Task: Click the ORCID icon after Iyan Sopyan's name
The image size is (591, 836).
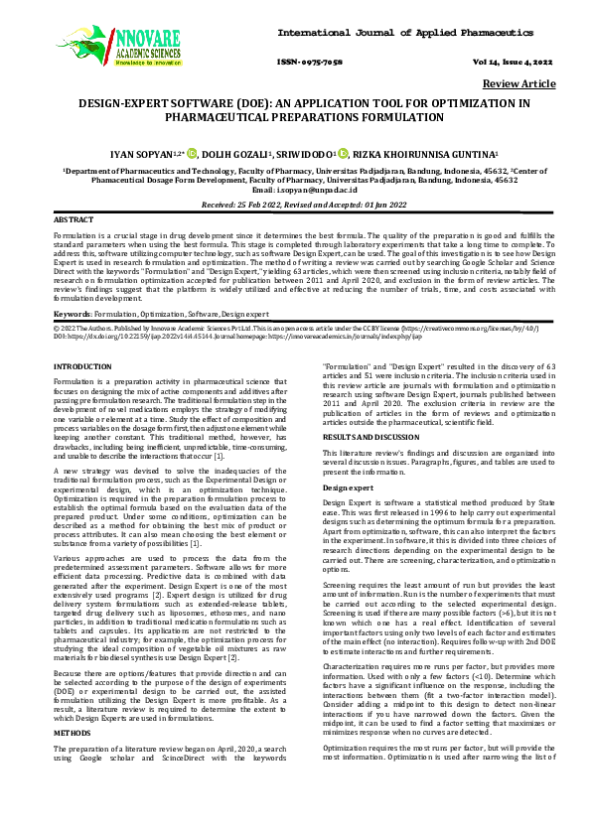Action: tap(193, 153)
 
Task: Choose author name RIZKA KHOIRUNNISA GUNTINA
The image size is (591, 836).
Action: tap(424, 153)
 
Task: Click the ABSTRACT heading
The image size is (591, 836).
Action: tap(74, 217)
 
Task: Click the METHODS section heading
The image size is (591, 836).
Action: tap(70, 677)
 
